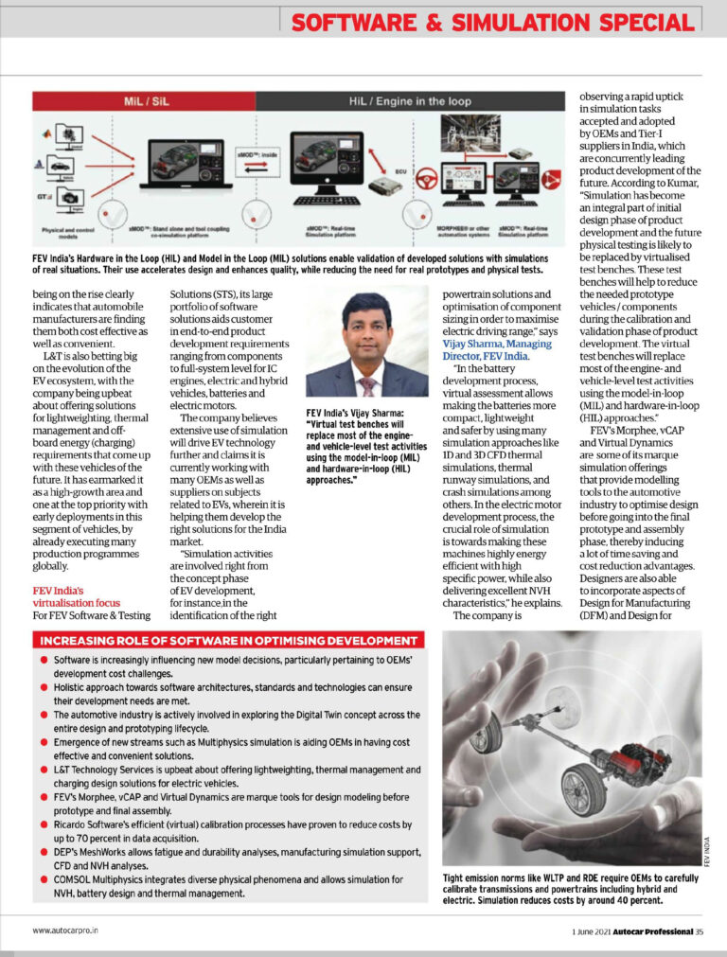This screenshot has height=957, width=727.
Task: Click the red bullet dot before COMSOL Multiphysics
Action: (x=44, y=879)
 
